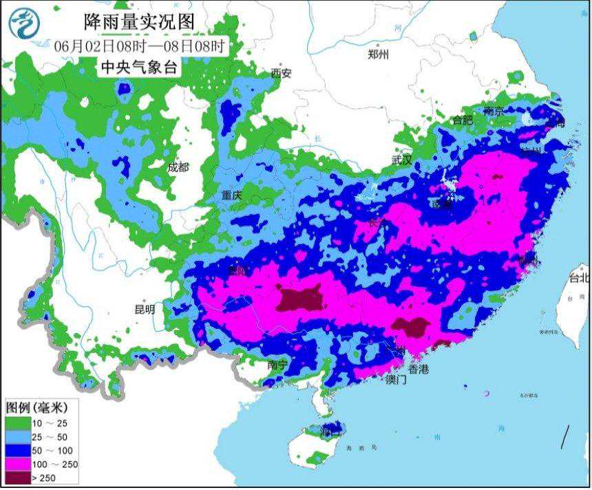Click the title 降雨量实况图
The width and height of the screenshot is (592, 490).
tap(140, 22)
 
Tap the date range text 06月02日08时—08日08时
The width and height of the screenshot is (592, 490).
tap(140, 46)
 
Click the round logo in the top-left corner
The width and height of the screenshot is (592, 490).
tap(24, 23)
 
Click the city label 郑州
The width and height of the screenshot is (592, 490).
tap(379, 54)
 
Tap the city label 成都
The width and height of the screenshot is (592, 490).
tap(178, 167)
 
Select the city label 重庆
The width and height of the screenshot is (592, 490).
tap(232, 195)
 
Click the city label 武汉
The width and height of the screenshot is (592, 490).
tap(401, 160)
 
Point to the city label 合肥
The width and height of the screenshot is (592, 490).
tap(463, 120)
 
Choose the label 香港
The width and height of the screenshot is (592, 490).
tap(418, 370)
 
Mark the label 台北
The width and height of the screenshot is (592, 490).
tap(579, 279)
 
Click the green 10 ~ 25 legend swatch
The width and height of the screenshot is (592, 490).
tap(18, 423)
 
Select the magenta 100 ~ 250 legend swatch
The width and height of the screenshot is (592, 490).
tap(18, 464)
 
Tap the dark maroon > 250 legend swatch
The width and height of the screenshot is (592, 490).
tap(18, 478)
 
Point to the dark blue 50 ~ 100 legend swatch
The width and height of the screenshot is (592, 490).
tap(18, 450)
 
